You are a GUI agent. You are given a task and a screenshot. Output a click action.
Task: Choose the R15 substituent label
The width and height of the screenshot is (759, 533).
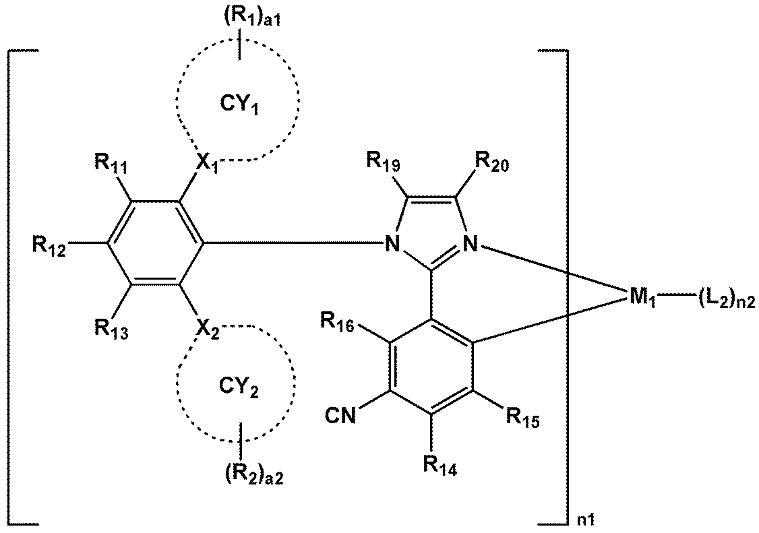click(522, 419)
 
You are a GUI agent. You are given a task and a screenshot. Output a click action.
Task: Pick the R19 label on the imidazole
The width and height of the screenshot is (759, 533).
click(382, 164)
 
